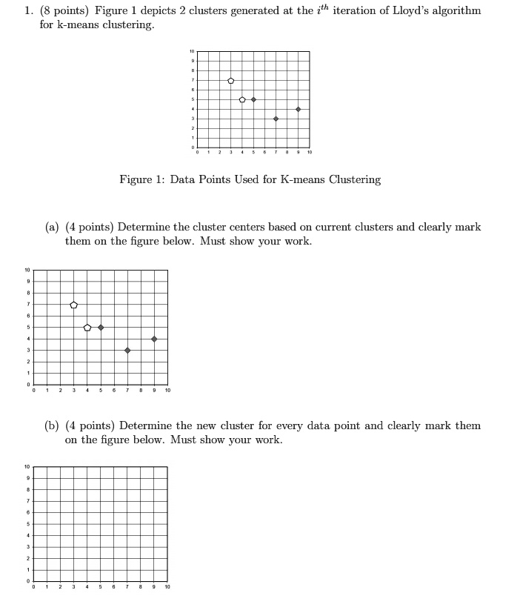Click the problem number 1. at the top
click(x=27, y=11)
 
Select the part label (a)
click(x=52, y=227)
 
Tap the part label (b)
click(x=52, y=425)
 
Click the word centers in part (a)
click(x=239, y=227)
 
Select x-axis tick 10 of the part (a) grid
click(x=167, y=391)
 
